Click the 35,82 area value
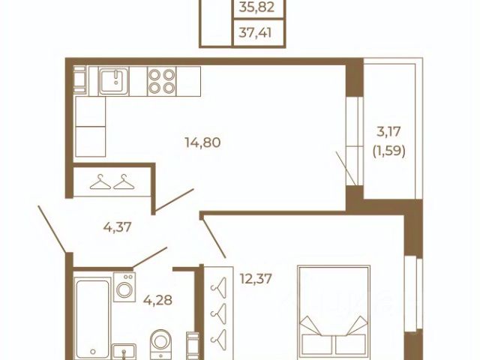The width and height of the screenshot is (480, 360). pyautogui.click(x=256, y=7)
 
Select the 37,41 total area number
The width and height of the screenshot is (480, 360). pyautogui.click(x=255, y=32)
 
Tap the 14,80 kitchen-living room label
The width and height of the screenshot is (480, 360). pyautogui.click(x=202, y=142)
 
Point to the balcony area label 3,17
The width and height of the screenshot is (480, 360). pyautogui.click(x=388, y=132)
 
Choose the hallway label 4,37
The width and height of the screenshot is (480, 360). pyautogui.click(x=117, y=226)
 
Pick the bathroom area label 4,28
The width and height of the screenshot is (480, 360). pyautogui.click(x=157, y=300)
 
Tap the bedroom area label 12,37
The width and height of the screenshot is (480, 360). pyautogui.click(x=256, y=279)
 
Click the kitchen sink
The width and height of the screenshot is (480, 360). pyautogui.click(x=113, y=82)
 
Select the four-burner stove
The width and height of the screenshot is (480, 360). pyautogui.click(x=162, y=82)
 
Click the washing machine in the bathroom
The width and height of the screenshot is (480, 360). pyautogui.click(x=124, y=287)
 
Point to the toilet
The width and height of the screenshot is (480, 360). pyautogui.click(x=161, y=344)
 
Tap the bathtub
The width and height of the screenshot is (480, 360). pyautogui.click(x=92, y=318)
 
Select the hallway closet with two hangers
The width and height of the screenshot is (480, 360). pyautogui.click(x=112, y=181)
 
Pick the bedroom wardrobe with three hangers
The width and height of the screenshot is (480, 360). pyautogui.click(x=218, y=312)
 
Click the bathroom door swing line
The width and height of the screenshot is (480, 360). pyautogui.click(x=150, y=257)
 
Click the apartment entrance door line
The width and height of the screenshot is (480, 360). pyautogui.click(x=52, y=229)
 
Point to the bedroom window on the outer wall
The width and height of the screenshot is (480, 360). pyautogui.click(x=413, y=295)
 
